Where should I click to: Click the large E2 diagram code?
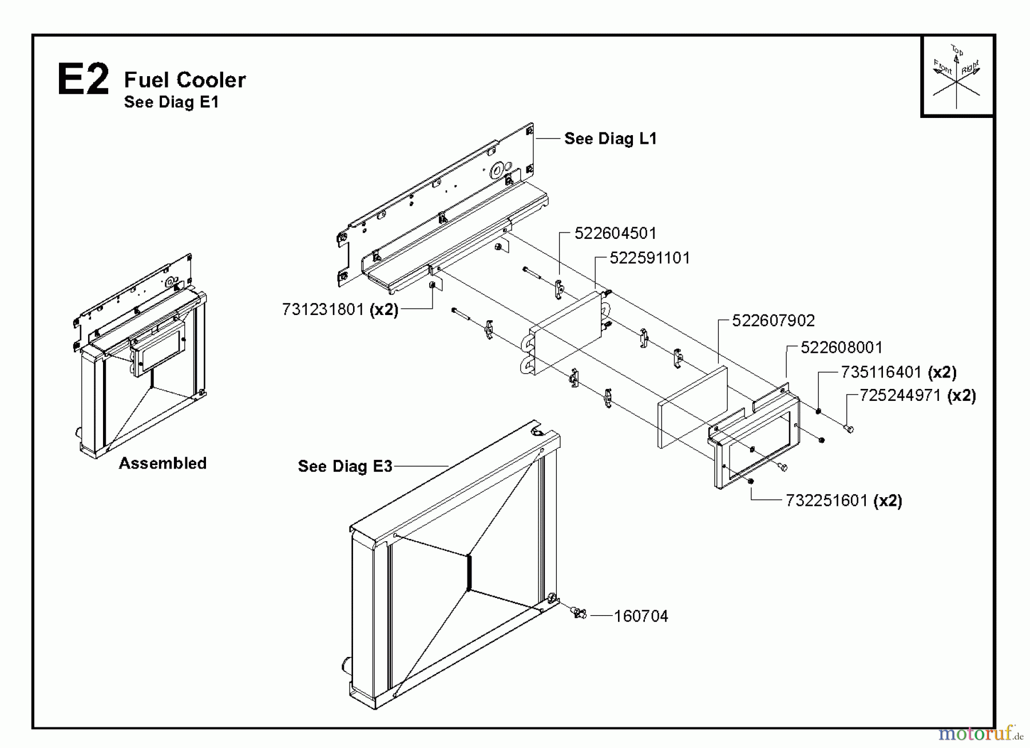pyautogui.click(x=83, y=80)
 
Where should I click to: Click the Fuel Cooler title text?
pyautogui.click(x=185, y=80)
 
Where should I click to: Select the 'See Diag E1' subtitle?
pyautogui.click(x=171, y=102)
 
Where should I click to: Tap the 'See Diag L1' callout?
pyautogui.click(x=610, y=139)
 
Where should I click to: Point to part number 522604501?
pyautogui.click(x=615, y=234)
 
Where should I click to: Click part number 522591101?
pyautogui.click(x=649, y=258)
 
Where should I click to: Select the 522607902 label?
pyautogui.click(x=773, y=321)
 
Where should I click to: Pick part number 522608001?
pyautogui.click(x=841, y=348)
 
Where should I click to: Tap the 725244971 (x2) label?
pyautogui.click(x=917, y=396)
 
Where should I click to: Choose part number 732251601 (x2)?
pyautogui.click(x=843, y=501)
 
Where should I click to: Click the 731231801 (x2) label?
pyautogui.click(x=340, y=310)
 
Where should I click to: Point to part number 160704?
pyautogui.click(x=640, y=616)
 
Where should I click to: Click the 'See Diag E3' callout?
pyautogui.click(x=345, y=466)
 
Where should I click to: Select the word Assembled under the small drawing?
pyautogui.click(x=163, y=463)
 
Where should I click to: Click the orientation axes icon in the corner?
pyautogui.click(x=957, y=76)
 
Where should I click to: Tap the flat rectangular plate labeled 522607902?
pyautogui.click(x=692, y=407)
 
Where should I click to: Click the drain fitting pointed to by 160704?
pyautogui.click(x=579, y=613)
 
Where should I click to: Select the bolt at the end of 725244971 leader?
pyautogui.click(x=849, y=428)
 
